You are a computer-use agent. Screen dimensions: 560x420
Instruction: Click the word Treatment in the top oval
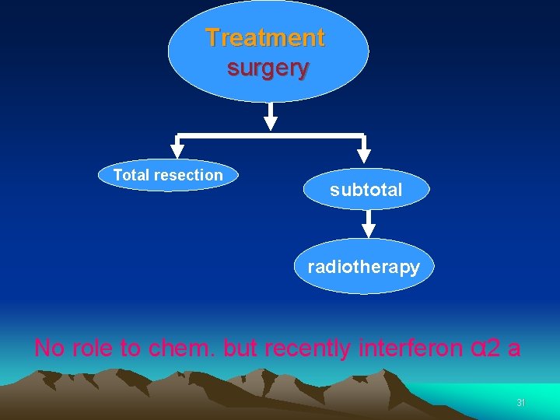(x=265, y=37)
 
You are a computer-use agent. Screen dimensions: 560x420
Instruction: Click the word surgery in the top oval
(x=268, y=68)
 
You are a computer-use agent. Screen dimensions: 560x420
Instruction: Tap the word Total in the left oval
(x=131, y=175)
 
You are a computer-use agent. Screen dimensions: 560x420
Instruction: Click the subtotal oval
(x=366, y=190)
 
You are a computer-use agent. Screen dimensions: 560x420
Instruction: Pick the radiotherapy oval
(x=363, y=267)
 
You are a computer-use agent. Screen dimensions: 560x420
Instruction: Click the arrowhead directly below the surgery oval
(x=270, y=122)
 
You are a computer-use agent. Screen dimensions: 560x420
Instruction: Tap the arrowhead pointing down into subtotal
(x=363, y=156)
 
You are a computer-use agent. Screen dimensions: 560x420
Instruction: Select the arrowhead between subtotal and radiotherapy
(x=369, y=229)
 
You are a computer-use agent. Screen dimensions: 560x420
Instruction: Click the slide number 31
(x=521, y=403)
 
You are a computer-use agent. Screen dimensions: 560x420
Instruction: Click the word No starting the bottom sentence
(x=50, y=348)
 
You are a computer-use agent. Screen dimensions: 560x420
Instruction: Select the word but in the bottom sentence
(x=240, y=348)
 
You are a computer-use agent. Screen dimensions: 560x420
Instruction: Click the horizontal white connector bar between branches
(x=270, y=135)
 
